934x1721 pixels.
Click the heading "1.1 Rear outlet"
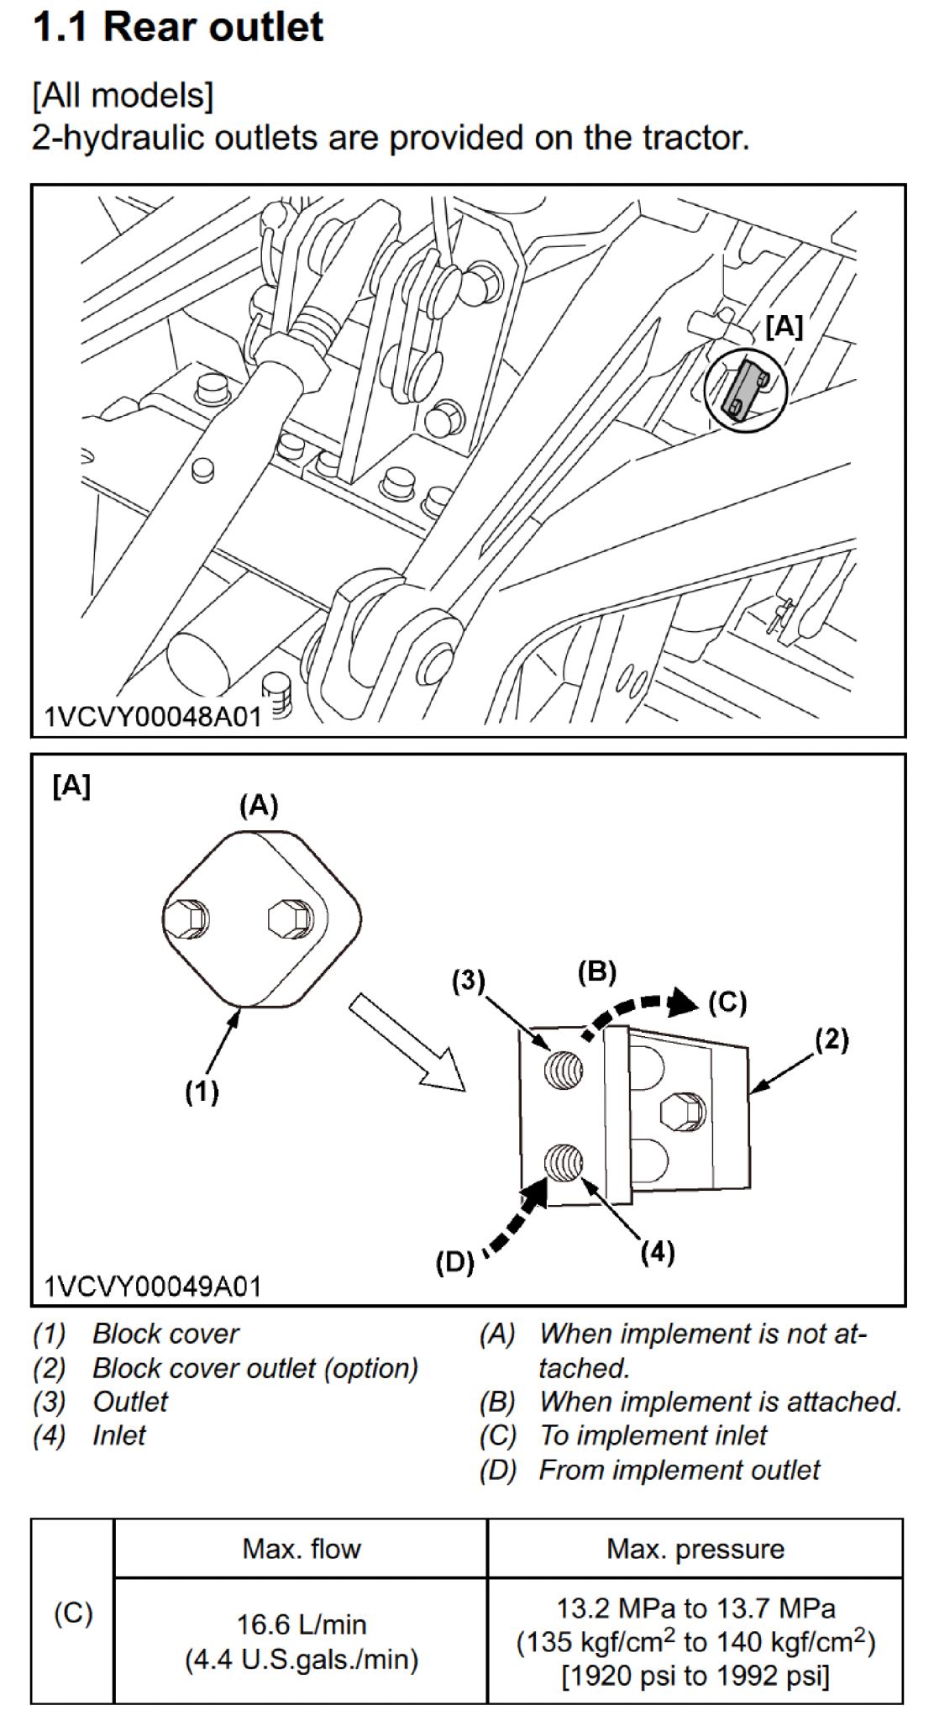point(177,28)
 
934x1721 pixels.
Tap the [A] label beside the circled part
point(784,327)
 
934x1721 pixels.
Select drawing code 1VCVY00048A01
point(152,716)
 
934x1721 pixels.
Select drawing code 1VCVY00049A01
point(152,1287)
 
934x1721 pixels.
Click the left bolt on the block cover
point(187,918)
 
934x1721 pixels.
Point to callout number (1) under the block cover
point(202,1092)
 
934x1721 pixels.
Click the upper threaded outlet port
point(564,1068)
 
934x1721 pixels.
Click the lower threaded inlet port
point(564,1164)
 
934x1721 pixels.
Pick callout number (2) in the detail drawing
point(832,1039)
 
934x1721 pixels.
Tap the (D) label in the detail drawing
point(454,1261)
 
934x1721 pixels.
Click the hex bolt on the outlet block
point(682,1110)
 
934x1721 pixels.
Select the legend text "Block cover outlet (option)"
point(255,1368)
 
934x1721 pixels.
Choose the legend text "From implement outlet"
point(680,1470)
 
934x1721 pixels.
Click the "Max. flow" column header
point(302,1548)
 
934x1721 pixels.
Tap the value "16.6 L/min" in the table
point(302,1624)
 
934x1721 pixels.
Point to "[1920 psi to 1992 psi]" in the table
point(695,1676)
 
